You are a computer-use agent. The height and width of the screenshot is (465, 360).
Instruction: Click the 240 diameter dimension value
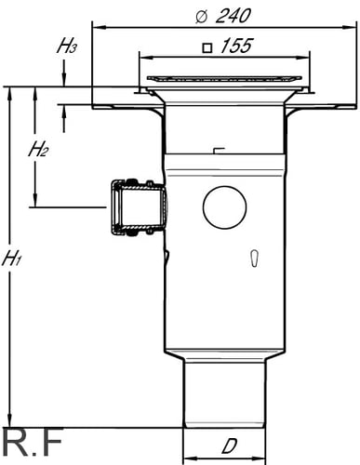pyautogui.click(x=233, y=16)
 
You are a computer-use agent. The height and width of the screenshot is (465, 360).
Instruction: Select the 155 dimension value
pyautogui.click(x=237, y=46)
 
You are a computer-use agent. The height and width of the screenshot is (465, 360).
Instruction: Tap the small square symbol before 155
pyautogui.click(x=207, y=48)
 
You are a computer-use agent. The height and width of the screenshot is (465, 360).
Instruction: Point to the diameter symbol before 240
pyautogui.click(x=202, y=17)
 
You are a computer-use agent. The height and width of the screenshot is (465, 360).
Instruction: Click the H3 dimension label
pyautogui.click(x=67, y=46)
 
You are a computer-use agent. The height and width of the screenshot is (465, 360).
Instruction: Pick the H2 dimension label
pyautogui.click(x=38, y=150)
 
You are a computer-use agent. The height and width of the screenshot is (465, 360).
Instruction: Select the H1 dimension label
pyautogui.click(x=11, y=259)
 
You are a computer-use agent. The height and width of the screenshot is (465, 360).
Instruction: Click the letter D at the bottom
pyautogui.click(x=230, y=445)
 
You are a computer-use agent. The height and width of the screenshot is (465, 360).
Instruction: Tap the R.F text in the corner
pyautogui.click(x=32, y=443)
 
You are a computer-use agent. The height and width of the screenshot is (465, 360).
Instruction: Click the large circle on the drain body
pyautogui.click(x=225, y=207)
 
